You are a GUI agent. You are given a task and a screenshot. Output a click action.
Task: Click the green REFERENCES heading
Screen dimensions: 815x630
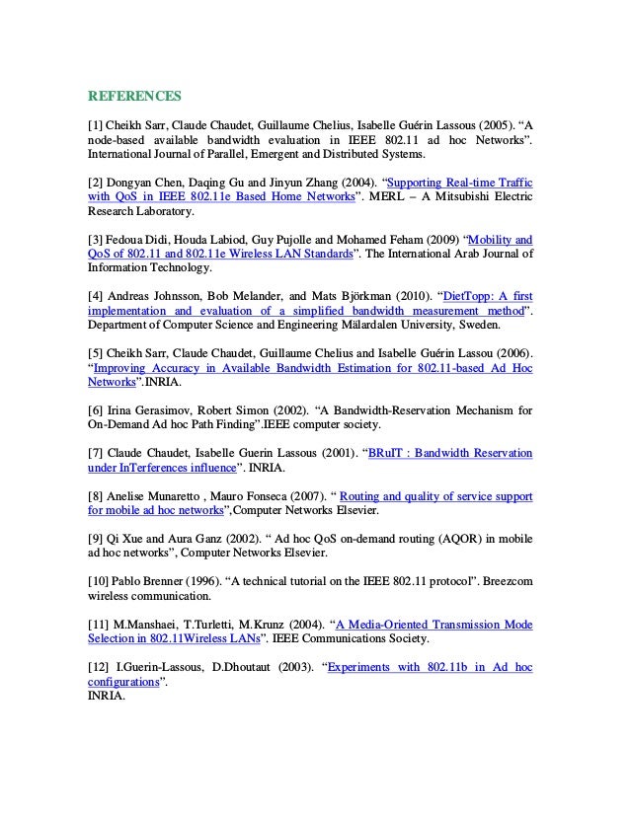click(x=134, y=96)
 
